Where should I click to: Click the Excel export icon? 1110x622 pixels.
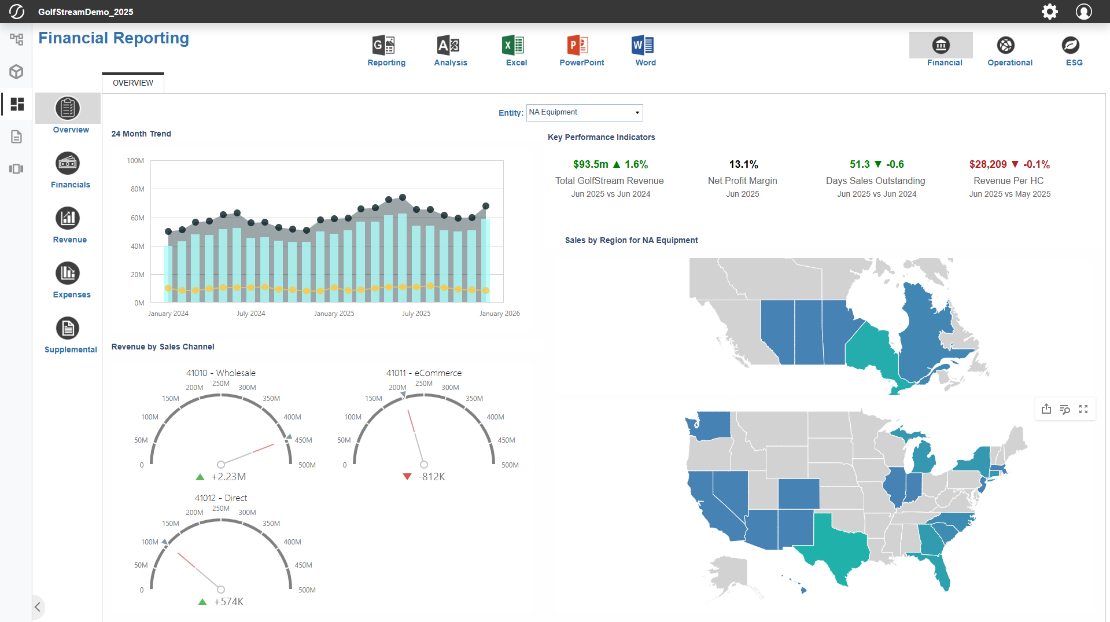514,46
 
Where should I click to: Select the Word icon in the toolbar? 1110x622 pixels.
643,46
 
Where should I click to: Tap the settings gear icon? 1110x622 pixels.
1049,12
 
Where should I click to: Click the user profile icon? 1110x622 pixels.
1083,12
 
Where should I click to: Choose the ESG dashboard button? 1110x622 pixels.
1071,46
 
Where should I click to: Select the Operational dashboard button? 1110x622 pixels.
1006,46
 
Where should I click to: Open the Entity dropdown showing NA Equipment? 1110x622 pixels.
584,112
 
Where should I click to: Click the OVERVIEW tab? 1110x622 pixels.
133,83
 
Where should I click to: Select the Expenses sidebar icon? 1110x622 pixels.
68,274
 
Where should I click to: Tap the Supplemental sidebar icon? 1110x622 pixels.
68,329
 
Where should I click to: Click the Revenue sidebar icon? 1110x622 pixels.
68,219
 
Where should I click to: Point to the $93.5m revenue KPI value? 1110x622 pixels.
591,164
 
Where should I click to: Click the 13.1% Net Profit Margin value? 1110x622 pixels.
743,164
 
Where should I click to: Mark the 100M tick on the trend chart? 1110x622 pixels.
135,161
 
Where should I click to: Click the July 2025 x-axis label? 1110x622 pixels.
416,314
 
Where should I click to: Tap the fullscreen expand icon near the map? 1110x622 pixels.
1083,409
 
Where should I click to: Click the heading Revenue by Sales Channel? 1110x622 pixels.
163,347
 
